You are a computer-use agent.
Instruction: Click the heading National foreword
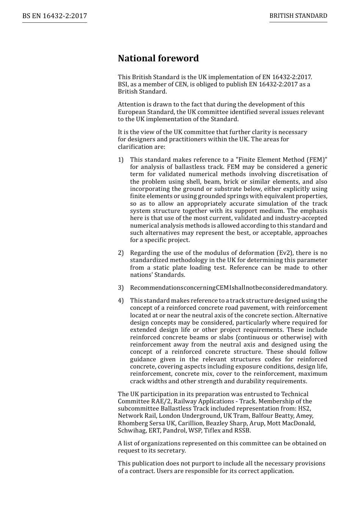click(158, 58)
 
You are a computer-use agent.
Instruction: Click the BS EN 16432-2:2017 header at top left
click(55, 16)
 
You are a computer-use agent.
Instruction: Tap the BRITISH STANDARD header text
click(298, 16)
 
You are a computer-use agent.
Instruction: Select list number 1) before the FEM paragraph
click(121, 160)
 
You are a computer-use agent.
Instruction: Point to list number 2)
click(121, 253)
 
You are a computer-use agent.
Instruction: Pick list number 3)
click(121, 288)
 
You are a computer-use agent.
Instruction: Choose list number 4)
click(121, 301)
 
